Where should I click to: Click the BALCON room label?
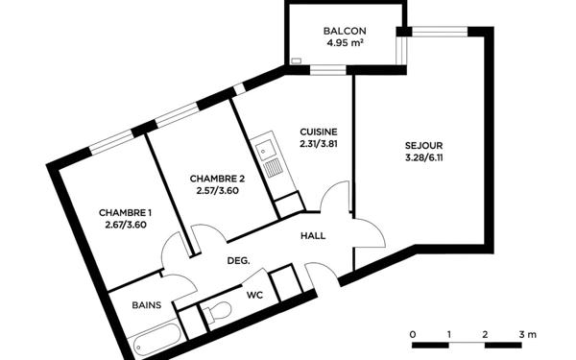point(344,31)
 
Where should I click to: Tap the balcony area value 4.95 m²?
point(344,43)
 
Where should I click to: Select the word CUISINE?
point(318,132)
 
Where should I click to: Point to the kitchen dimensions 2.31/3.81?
point(318,145)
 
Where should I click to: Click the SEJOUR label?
point(423,147)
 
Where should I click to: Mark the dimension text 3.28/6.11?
point(423,159)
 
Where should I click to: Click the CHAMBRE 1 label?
point(126,212)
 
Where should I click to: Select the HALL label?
point(313,236)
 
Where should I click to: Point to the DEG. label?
point(238,260)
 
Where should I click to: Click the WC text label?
point(255,295)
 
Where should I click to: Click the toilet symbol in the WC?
point(218,312)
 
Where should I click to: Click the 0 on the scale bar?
point(413,333)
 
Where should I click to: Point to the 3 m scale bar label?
point(526,333)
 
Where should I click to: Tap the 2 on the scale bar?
point(486,333)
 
